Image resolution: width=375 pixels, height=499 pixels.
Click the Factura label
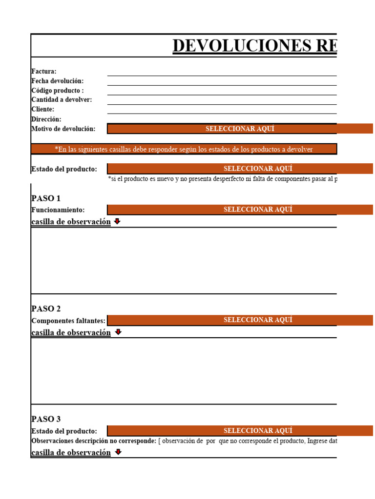point(44,72)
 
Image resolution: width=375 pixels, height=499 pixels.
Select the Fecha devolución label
point(58,81)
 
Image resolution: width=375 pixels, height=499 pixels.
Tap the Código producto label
point(58,91)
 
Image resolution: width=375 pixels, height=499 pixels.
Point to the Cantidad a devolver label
point(62,100)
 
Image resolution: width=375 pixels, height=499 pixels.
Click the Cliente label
point(43,109)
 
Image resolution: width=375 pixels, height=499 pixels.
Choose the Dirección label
point(46,119)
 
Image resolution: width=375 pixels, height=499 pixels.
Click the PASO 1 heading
point(46,198)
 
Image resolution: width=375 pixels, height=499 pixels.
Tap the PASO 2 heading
point(46,309)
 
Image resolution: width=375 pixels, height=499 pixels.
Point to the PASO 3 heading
point(46,419)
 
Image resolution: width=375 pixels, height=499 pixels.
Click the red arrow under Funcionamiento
point(117,222)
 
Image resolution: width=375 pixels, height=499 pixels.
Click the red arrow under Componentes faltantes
point(118,332)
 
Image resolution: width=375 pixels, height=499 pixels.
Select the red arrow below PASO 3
point(118,452)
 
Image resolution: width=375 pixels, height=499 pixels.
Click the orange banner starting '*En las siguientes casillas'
point(184,149)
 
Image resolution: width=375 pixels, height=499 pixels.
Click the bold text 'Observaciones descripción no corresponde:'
point(94,441)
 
